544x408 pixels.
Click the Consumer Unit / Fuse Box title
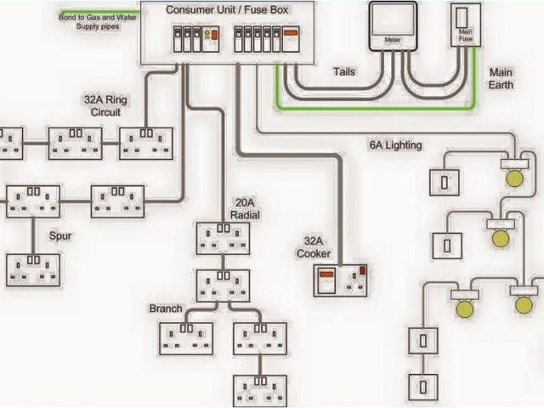(x=225, y=9)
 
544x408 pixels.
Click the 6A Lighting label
(x=395, y=145)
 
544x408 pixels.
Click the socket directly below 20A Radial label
(x=223, y=238)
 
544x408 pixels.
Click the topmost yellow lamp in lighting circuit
(x=513, y=178)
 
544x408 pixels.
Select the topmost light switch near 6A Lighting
(x=446, y=181)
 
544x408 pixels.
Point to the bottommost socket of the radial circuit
(x=259, y=391)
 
